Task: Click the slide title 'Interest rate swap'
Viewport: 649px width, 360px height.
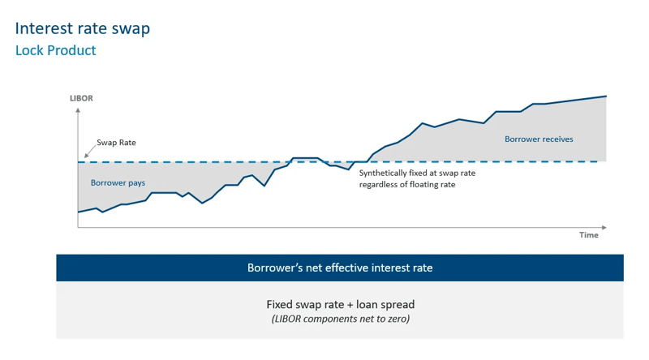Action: tap(82, 28)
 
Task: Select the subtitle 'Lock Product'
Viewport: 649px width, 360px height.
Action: tap(55, 50)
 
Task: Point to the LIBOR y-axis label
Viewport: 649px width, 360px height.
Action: tap(81, 98)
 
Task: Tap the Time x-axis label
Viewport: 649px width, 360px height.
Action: tap(588, 235)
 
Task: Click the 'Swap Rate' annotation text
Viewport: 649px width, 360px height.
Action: tap(116, 143)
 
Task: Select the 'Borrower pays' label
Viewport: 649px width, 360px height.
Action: tap(118, 183)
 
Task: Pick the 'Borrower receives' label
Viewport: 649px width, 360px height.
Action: tap(539, 139)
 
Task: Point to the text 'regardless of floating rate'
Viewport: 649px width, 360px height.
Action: tap(407, 185)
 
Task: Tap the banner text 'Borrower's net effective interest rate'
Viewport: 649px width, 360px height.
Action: tap(340, 268)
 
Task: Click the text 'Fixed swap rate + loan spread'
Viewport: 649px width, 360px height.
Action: tap(340, 305)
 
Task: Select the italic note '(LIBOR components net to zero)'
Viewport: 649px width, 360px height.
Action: tap(340, 319)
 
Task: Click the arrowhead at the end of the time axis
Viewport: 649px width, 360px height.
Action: tap(604, 228)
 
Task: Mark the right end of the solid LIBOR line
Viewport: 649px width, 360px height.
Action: tap(606, 96)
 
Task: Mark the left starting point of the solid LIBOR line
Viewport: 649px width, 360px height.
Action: tap(79, 212)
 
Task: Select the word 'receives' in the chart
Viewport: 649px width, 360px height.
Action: tap(557, 139)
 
